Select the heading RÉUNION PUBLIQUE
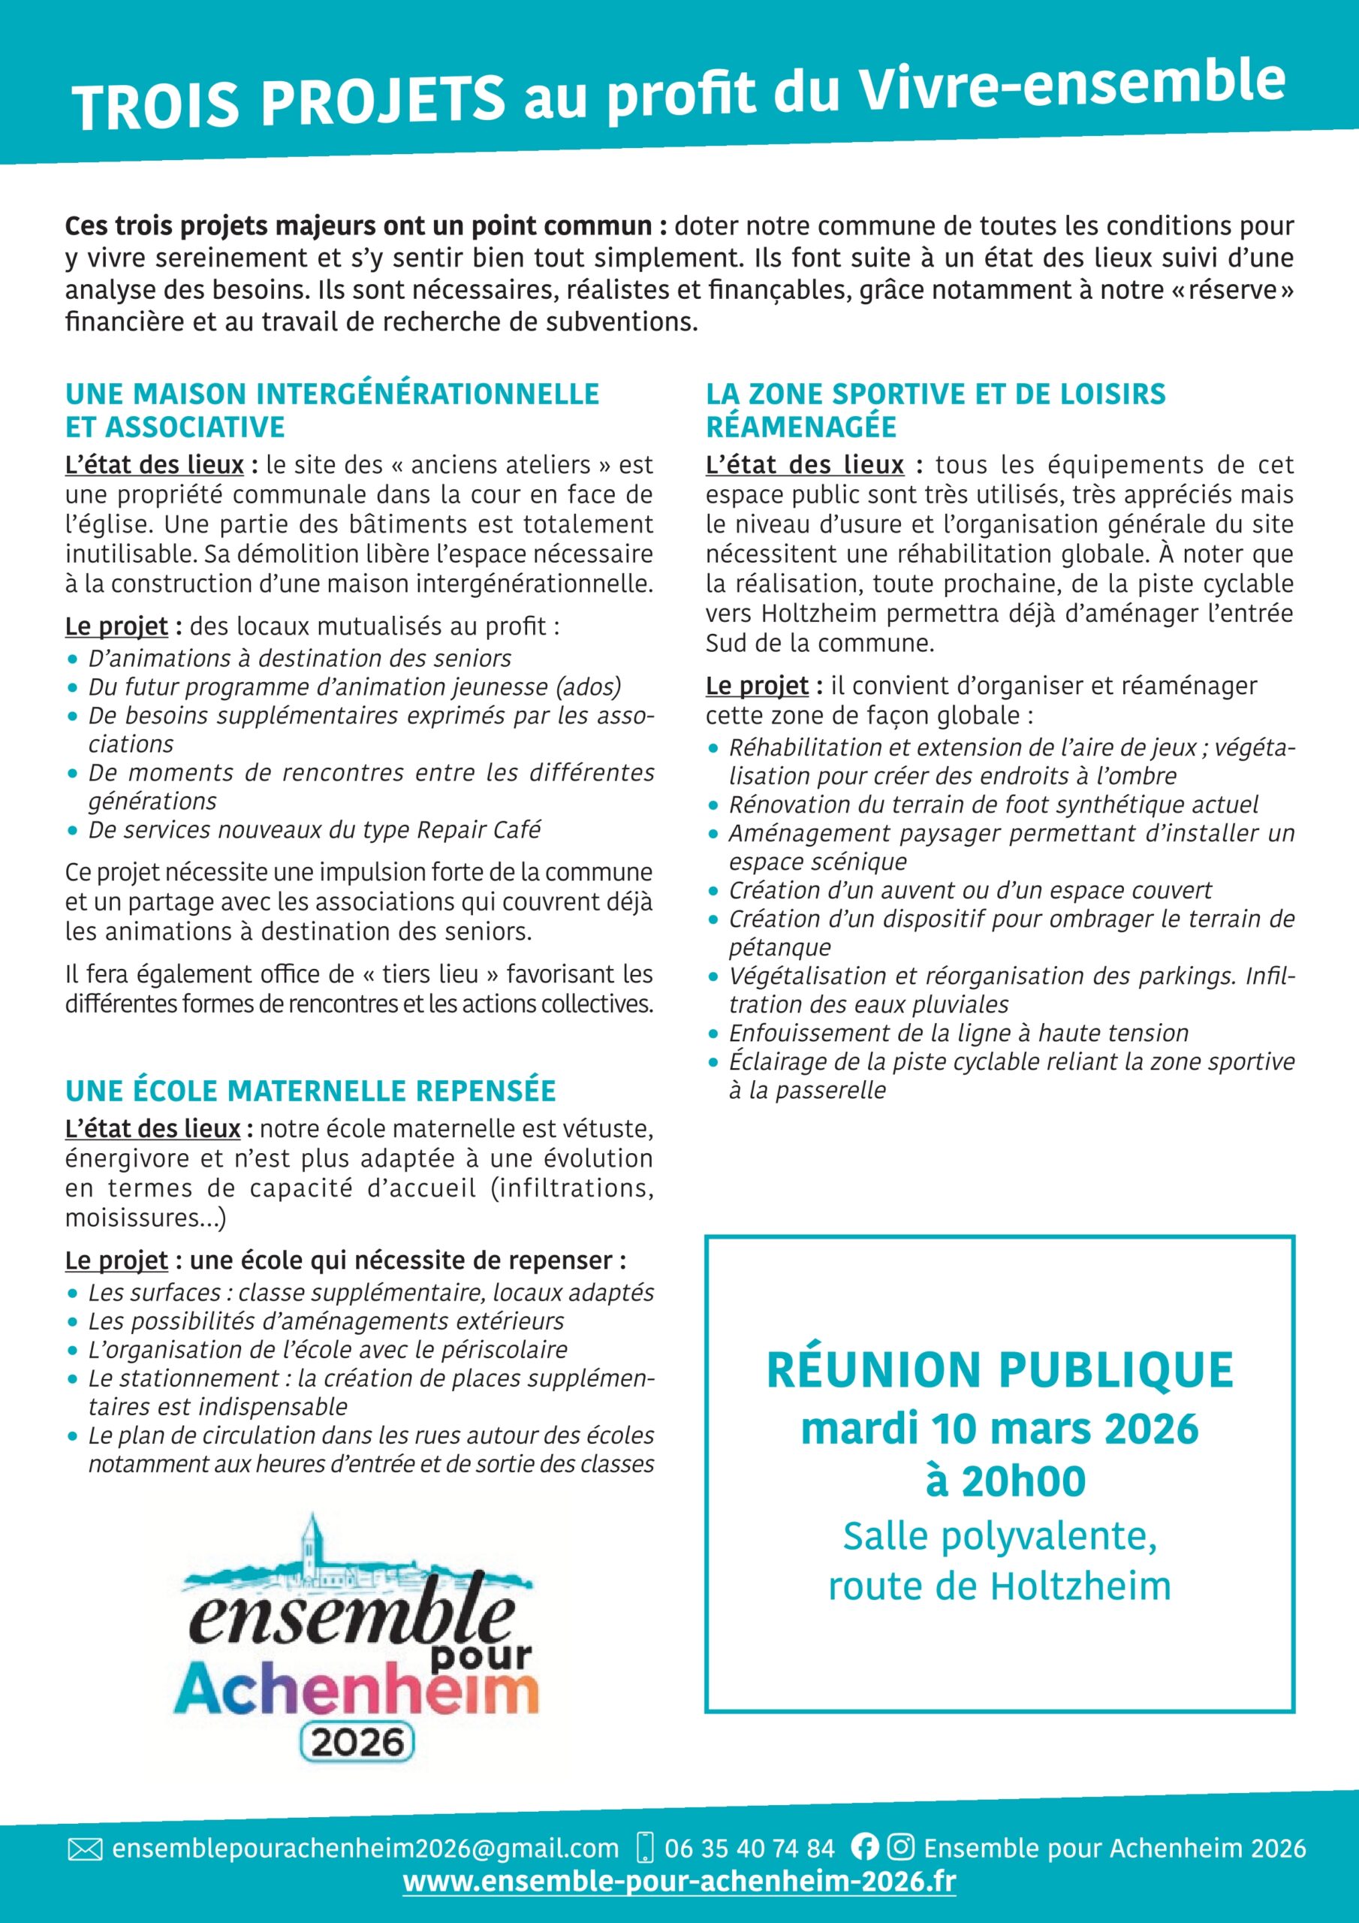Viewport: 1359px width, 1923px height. pyautogui.click(x=1000, y=1370)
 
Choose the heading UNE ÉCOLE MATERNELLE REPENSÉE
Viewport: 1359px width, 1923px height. pyautogui.click(x=311, y=1091)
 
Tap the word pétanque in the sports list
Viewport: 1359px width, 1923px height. pyautogui.click(x=779, y=947)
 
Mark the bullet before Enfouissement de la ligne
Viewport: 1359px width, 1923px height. pyautogui.click(x=713, y=1034)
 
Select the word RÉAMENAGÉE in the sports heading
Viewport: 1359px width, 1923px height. pyautogui.click(x=800, y=427)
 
